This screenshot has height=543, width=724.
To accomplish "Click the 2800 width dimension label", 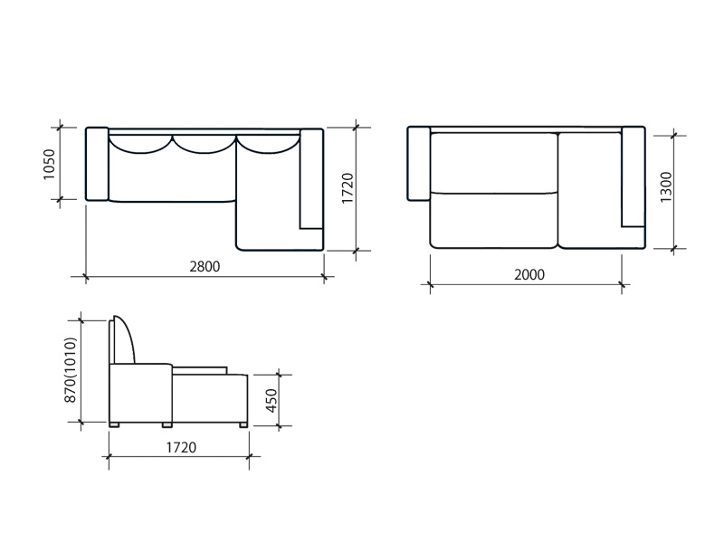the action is [x=205, y=266].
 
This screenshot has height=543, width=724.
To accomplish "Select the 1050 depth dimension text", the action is [x=49, y=164].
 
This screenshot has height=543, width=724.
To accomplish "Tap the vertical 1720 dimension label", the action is [x=348, y=188].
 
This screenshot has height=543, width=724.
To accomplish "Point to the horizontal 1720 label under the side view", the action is [x=181, y=447].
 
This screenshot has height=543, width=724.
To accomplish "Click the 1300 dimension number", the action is [x=666, y=187].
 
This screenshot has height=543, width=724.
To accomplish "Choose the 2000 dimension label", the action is [x=529, y=275].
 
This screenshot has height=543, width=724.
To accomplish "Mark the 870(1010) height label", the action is [x=71, y=370].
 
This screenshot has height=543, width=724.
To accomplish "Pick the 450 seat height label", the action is [x=271, y=400].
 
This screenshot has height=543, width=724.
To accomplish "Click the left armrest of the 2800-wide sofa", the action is [x=97, y=164].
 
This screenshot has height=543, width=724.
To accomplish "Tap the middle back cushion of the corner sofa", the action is [x=205, y=145].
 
